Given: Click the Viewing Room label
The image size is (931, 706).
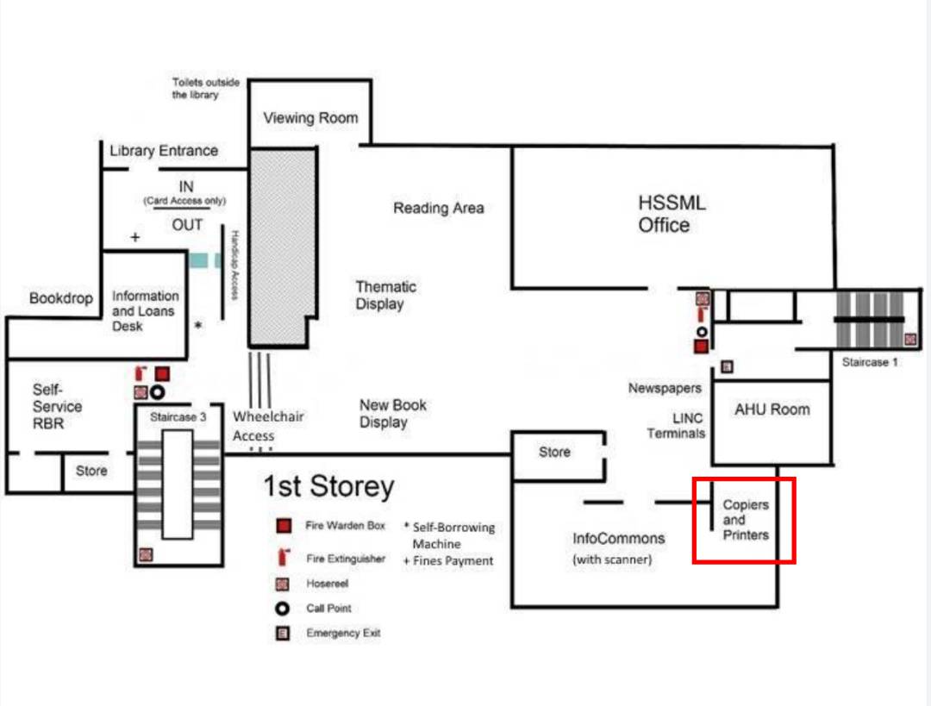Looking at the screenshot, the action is (310, 117).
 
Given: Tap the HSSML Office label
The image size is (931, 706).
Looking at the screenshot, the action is (672, 214).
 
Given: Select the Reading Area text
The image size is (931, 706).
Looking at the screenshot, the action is (438, 208).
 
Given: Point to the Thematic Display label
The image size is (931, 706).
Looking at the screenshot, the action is (385, 295).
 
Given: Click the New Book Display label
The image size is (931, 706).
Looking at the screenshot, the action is (392, 413).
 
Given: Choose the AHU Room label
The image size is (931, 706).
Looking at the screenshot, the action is (772, 409).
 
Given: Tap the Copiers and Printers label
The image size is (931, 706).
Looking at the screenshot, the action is (746, 520).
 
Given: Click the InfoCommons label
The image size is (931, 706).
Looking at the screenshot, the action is (618, 538).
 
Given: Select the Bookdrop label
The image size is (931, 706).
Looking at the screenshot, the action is (61, 298).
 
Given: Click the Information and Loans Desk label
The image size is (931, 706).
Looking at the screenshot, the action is (145, 310).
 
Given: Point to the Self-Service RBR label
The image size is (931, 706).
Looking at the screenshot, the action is (57, 406).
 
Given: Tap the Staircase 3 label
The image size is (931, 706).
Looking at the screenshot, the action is (178, 417).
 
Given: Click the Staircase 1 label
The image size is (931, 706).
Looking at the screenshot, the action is (870, 361).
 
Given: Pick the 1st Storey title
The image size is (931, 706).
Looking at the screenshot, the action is (328, 486).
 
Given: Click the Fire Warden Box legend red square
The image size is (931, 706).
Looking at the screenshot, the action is (284, 526).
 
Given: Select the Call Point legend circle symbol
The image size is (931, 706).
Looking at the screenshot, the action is (283, 609).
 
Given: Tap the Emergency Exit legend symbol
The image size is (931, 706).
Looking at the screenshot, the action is (283, 633).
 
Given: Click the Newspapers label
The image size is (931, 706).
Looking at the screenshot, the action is (665, 388).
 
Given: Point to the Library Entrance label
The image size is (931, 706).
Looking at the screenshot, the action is (164, 151).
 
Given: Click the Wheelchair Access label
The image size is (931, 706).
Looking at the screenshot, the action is (268, 427).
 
